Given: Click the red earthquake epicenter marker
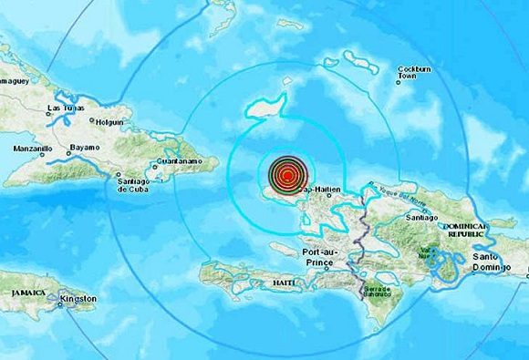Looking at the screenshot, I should click(287, 174).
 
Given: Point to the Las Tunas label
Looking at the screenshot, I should click(63, 109).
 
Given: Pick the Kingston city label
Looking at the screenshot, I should click(78, 299).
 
